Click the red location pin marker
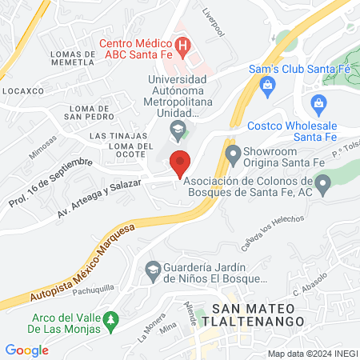coord(180,163)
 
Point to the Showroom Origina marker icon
coord(234,153)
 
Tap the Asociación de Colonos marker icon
coord(322,186)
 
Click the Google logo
coord(26,350)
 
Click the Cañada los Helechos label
coord(273,231)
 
